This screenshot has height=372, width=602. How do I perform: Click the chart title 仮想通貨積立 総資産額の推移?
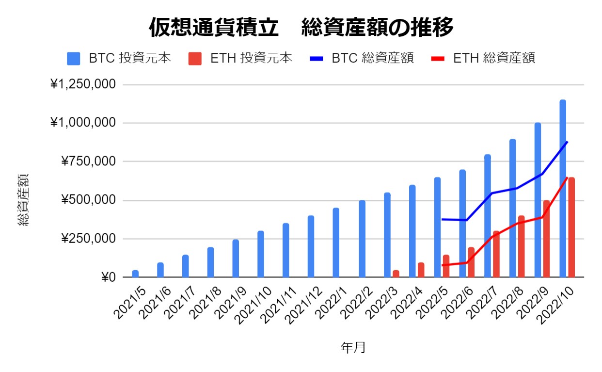[x=301, y=28]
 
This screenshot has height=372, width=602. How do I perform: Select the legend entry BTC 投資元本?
[x=119, y=58]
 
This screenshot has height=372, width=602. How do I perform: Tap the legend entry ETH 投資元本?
[x=240, y=58]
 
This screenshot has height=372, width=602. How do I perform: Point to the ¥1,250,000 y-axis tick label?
[x=83, y=84]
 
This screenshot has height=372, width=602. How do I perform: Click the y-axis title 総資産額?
[x=23, y=200]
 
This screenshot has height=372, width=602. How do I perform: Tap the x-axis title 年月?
[x=353, y=347]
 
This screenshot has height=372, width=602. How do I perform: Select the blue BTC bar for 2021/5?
[x=135, y=274]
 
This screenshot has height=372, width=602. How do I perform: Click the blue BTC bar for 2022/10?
[x=563, y=189]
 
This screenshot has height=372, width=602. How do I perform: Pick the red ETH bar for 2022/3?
[x=396, y=274]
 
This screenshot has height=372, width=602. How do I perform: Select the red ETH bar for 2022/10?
[x=572, y=227]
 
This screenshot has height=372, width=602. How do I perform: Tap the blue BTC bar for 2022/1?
[x=336, y=243]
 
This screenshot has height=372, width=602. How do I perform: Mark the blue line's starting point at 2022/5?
[x=442, y=219]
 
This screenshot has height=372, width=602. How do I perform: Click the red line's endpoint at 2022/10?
[x=568, y=178]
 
